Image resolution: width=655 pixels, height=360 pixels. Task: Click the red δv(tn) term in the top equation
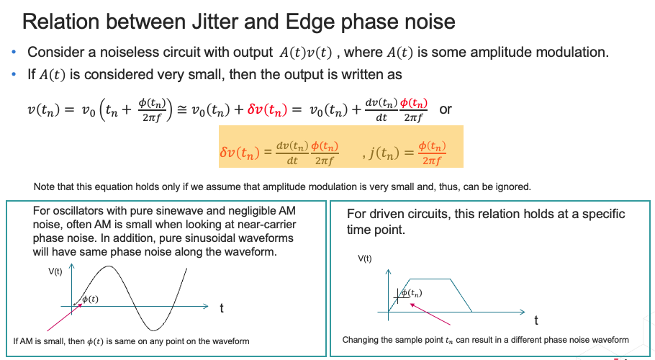(267, 109)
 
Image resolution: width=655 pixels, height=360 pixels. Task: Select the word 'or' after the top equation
(446, 109)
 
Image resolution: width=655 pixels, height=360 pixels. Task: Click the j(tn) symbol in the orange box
(384, 153)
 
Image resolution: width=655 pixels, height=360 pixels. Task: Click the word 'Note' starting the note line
(44, 186)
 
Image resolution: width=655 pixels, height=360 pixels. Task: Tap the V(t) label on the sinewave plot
(55, 271)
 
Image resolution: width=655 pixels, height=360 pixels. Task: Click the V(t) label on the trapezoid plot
(364, 258)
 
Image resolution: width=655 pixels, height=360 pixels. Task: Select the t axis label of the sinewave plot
(222, 308)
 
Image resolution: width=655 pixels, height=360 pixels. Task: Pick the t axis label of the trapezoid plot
(536, 320)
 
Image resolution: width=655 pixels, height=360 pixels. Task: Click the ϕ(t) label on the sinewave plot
(90, 299)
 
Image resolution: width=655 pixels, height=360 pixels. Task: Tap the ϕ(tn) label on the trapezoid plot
(412, 293)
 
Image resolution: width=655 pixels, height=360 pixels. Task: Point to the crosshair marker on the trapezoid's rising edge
(397, 297)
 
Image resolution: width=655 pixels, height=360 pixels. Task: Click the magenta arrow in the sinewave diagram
(64, 318)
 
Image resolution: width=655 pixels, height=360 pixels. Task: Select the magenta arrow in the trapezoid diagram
(430, 314)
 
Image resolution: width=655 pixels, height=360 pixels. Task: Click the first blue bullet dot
(14, 53)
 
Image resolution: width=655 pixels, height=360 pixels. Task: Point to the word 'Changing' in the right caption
(359, 340)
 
